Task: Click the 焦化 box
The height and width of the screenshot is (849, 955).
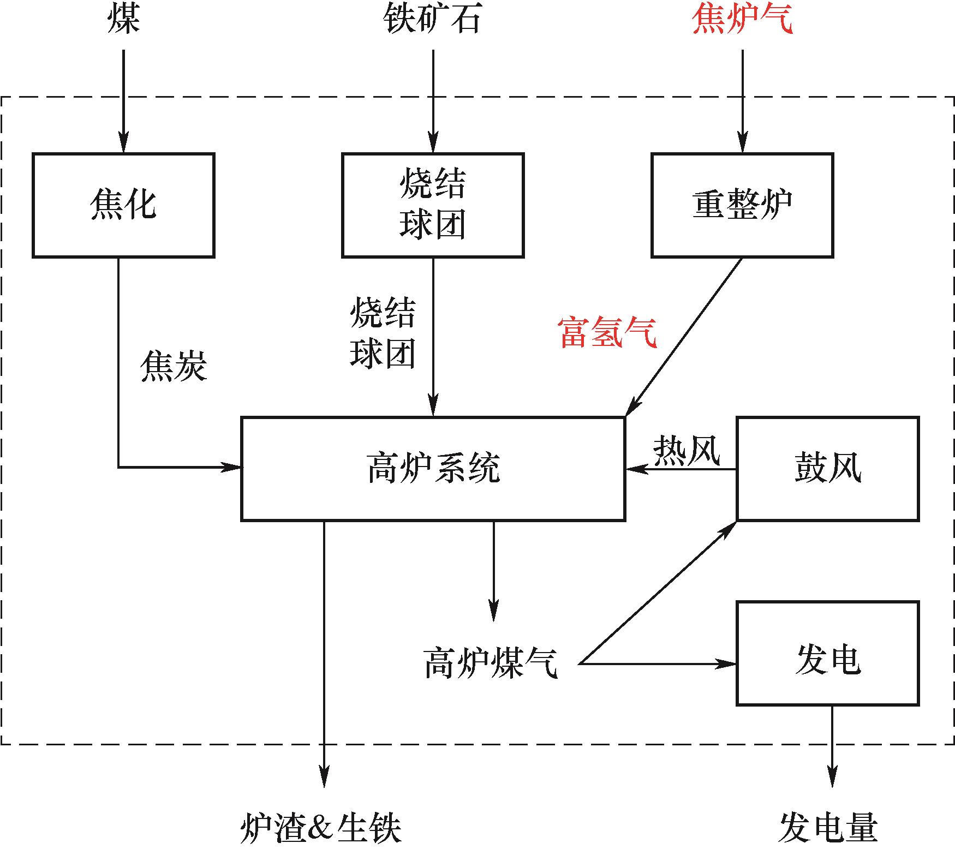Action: pos(123,205)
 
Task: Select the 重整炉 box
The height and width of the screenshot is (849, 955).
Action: pos(742,205)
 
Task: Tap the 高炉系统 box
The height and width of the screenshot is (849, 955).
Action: pos(433,469)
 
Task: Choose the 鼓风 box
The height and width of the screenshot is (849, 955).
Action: pos(827,469)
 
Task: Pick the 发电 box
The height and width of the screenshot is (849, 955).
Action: pos(827,653)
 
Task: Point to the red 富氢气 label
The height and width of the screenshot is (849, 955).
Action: pos(607,333)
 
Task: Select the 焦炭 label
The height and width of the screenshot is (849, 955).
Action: pos(174,366)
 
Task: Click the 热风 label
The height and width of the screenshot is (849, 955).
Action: pos(687,451)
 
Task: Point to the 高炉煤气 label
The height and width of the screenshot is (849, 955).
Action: pos(491,663)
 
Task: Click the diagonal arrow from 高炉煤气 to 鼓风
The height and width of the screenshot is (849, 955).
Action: pos(659,592)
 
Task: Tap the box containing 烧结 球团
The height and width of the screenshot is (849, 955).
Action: pos(433,205)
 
